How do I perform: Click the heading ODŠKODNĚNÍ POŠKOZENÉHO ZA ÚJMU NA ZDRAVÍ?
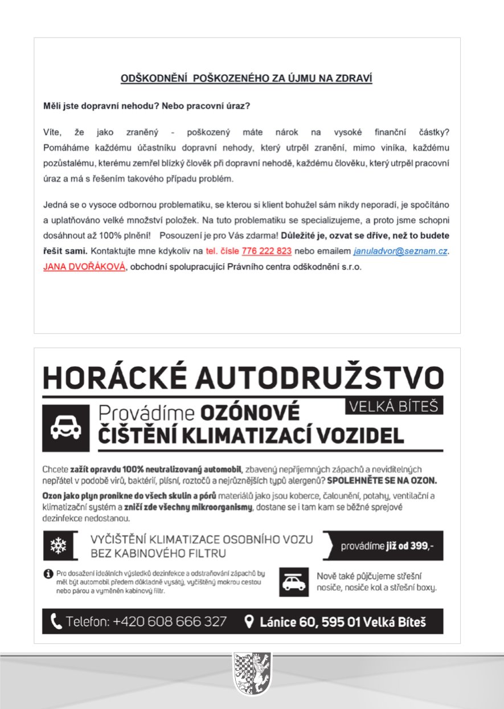tap(246, 78)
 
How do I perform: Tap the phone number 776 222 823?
tap(267, 251)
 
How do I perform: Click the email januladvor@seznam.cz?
tap(399, 251)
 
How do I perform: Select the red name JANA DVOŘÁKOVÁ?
tap(84, 266)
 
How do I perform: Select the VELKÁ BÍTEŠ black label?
tap(394, 405)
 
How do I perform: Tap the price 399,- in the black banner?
tap(422, 546)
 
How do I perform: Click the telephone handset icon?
tap(56, 621)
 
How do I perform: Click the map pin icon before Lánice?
tap(249, 621)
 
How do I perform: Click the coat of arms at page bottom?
tap(252, 674)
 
